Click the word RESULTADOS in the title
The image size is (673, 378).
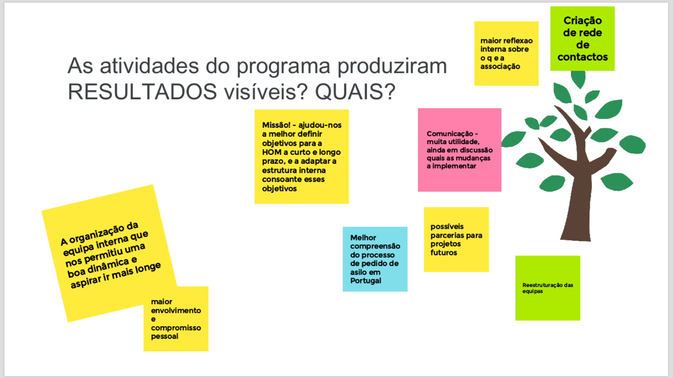point(142,91)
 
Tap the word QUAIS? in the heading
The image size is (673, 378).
point(355,91)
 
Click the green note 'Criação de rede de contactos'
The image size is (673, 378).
point(582,39)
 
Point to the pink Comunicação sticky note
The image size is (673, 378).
point(460,150)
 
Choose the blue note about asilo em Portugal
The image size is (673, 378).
point(375,259)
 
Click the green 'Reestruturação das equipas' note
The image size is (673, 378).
point(548,288)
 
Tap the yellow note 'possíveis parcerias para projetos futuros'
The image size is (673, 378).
point(456,240)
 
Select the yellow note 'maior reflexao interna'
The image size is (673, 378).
point(506,53)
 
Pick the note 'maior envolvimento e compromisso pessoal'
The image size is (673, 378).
point(176,319)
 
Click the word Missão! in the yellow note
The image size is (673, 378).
point(276,125)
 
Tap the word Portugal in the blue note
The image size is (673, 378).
point(366,281)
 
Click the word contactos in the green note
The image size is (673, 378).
point(582,57)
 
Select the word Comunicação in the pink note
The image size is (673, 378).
point(450,134)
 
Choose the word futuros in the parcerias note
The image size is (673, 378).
point(444,253)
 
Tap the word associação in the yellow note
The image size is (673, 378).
point(500,67)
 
